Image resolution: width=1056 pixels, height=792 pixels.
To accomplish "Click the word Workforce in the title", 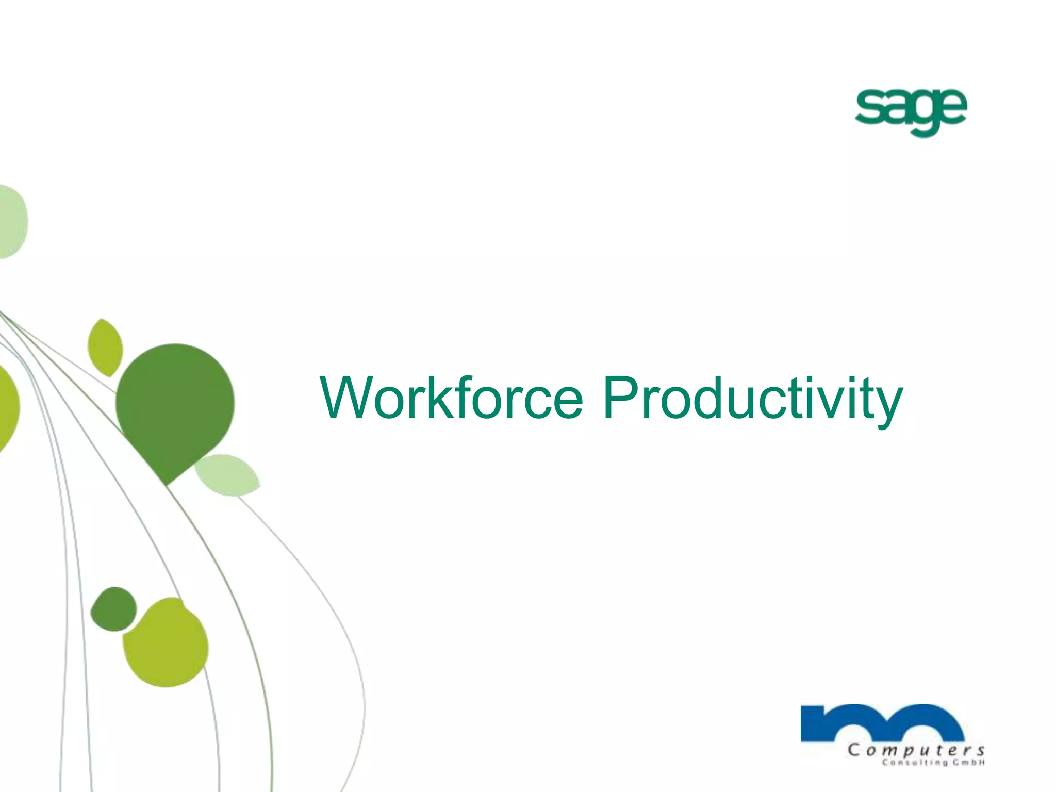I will pyautogui.click(x=451, y=398).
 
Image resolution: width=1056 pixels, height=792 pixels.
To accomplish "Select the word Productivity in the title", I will pyautogui.click(x=752, y=398).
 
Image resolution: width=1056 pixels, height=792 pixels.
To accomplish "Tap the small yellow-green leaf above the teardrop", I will pyautogui.click(x=105, y=347).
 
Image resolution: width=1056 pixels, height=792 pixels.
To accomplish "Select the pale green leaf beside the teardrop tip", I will pyautogui.click(x=227, y=475).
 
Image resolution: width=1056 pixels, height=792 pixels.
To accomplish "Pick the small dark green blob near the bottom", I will pyautogui.click(x=113, y=609).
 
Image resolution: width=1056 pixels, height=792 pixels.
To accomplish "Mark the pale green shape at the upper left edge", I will pyautogui.click(x=11, y=222).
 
